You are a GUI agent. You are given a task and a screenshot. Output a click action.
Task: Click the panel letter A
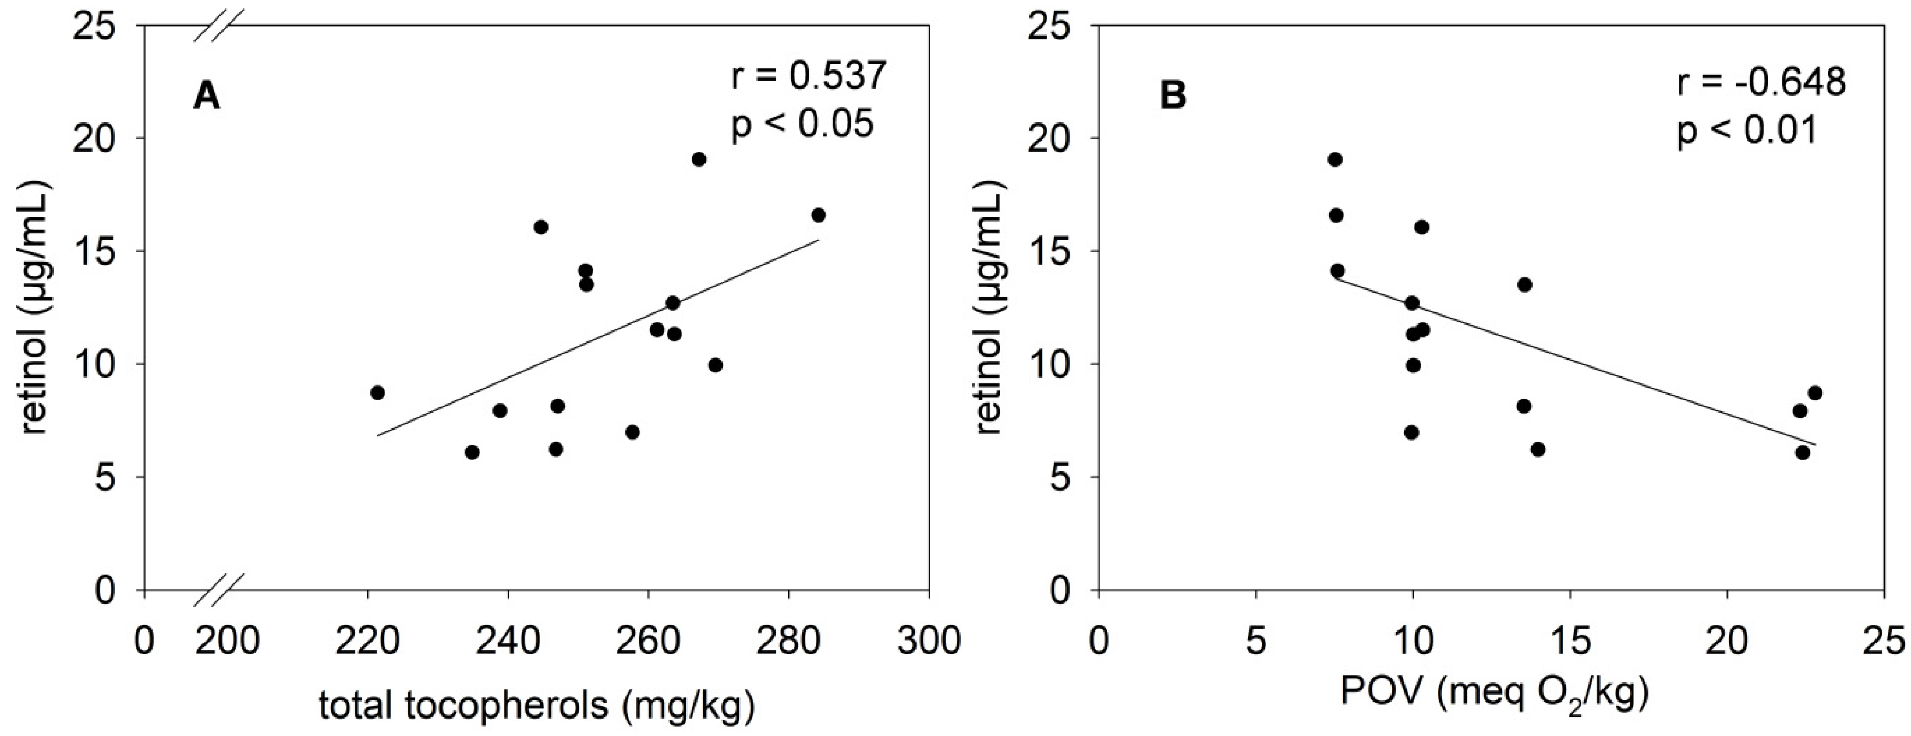(x=206, y=97)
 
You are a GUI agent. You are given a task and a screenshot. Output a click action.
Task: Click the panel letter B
(x=1173, y=97)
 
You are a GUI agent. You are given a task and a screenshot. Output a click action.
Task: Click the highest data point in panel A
(x=699, y=160)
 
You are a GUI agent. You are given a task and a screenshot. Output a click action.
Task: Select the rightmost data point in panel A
(x=818, y=215)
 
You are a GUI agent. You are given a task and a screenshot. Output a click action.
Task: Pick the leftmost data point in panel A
(x=377, y=392)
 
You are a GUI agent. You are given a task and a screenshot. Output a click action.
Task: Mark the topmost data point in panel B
(x=1335, y=160)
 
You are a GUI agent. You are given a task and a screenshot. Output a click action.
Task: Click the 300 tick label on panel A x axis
(x=928, y=639)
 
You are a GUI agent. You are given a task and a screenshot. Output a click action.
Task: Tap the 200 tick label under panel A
(x=227, y=639)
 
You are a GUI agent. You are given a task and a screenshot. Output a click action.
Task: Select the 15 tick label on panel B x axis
(x=1569, y=639)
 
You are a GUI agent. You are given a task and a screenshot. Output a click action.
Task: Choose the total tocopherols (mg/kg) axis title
(x=537, y=706)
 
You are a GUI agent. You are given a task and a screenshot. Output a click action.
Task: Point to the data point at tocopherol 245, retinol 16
(x=541, y=227)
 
